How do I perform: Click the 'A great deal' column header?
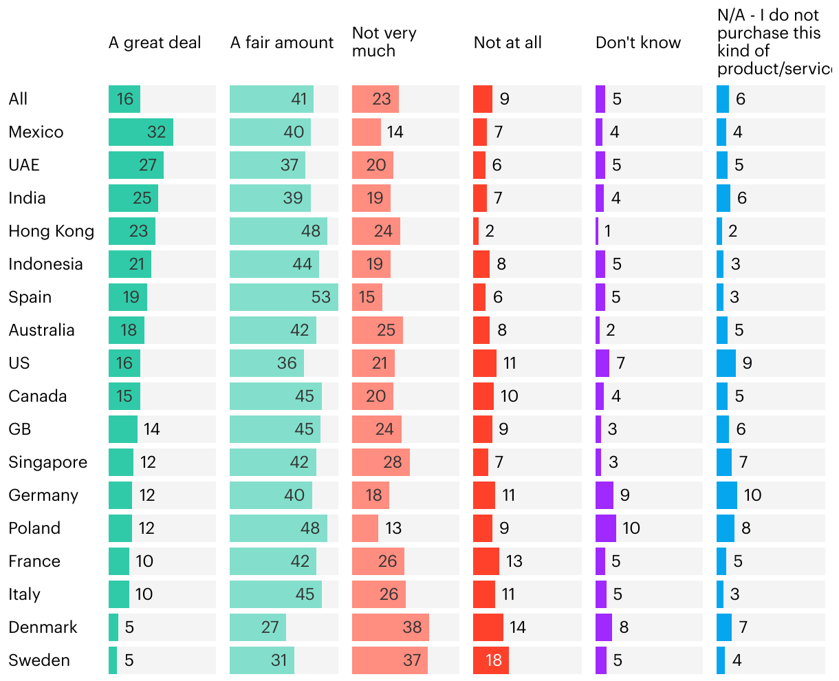[155, 43]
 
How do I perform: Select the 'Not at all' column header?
[508, 43]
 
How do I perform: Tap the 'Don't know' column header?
[638, 43]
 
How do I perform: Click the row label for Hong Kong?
[52, 231]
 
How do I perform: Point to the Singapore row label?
[48, 462]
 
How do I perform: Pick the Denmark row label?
[43, 627]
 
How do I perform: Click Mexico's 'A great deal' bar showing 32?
[141, 132]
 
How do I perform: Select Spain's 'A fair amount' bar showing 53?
[284, 297]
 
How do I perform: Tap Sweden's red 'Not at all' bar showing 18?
[491, 660]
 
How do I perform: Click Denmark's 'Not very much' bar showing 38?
[391, 627]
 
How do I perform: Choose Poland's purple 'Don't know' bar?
[606, 528]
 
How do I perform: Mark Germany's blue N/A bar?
[727, 495]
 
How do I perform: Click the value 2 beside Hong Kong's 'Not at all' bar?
[490, 231]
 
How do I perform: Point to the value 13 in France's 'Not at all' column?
[514, 561]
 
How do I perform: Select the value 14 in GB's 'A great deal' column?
[152, 429]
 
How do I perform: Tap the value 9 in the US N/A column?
[748, 363]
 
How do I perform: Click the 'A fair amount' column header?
[282, 43]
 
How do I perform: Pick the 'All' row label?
[19, 99]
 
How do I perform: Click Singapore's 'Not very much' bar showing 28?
[381, 462]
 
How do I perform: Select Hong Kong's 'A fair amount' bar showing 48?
[279, 231]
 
